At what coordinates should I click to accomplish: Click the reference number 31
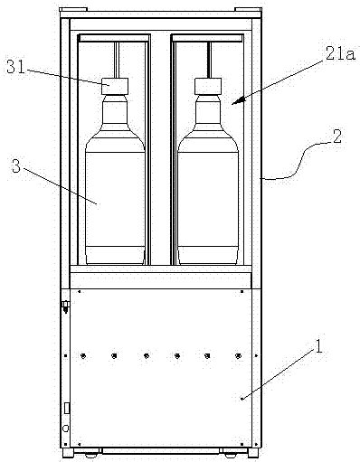(15, 68)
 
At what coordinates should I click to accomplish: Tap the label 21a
(340, 54)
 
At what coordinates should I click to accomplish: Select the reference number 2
(336, 137)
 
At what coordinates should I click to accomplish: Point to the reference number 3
(16, 165)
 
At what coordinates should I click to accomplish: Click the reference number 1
(317, 346)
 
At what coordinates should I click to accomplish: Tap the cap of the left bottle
(115, 86)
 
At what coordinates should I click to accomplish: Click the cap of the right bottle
(208, 86)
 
